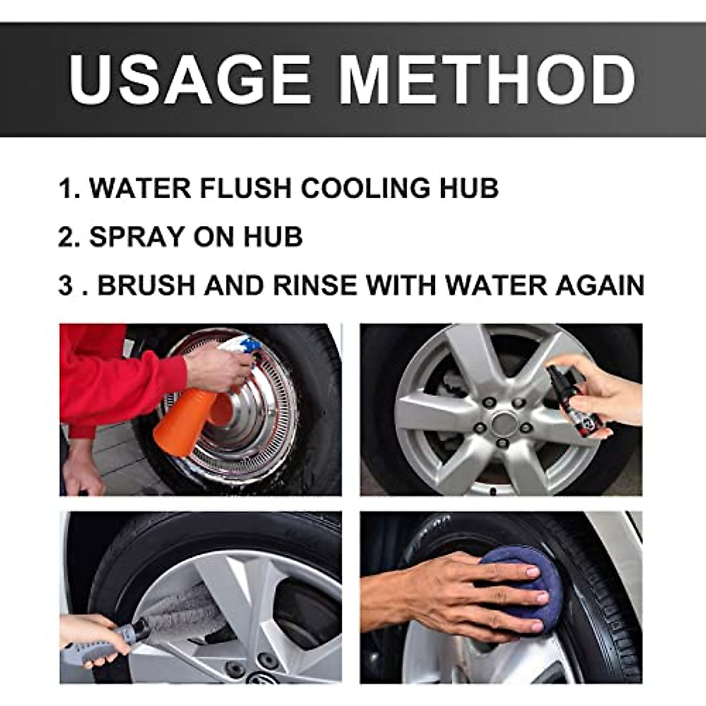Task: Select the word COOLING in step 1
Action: [x=373, y=188]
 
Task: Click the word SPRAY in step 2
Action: [x=136, y=237]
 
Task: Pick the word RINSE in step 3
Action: [x=315, y=285]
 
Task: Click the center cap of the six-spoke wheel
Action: [x=503, y=423]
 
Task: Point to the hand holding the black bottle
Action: [x=606, y=391]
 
